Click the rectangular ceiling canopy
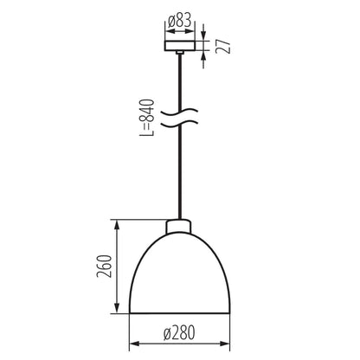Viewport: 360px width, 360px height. click(x=179, y=44)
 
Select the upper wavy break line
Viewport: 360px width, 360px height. click(x=179, y=112)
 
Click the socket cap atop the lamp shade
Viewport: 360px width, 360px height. click(x=179, y=228)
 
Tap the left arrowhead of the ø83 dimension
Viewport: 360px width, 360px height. click(x=166, y=27)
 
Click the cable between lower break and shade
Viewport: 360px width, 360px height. click(x=179, y=173)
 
